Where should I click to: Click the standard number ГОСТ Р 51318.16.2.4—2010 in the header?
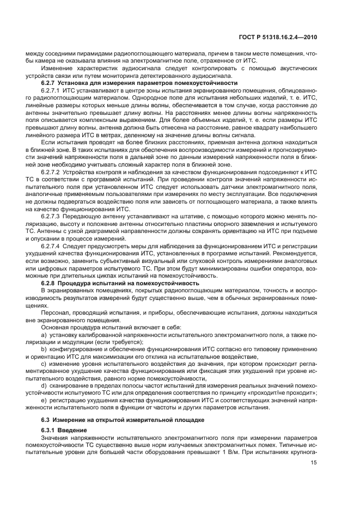click(279, 38)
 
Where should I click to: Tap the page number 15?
click(314, 463)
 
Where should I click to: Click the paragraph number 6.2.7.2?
click(52, 173)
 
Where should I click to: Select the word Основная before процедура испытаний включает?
click(56, 327)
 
